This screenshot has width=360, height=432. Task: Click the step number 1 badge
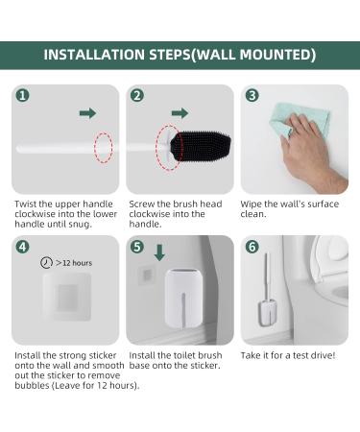[x=22, y=95]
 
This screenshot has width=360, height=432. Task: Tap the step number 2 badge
[x=137, y=95]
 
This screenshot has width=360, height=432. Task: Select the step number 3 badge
[x=252, y=95]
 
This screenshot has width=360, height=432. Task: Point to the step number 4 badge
[x=22, y=247]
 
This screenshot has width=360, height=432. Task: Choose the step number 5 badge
[x=137, y=247]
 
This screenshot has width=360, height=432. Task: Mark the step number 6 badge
[x=252, y=247]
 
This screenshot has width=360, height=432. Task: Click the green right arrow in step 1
[x=87, y=113]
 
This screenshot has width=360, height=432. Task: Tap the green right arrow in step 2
[x=180, y=113]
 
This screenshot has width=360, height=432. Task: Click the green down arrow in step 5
[x=159, y=252]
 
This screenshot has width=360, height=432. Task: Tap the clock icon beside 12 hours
[x=46, y=263]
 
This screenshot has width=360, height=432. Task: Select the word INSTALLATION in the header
[x=94, y=55]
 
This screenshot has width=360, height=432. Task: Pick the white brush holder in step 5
[x=183, y=299]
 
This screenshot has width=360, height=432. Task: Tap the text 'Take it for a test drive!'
[x=288, y=355]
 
